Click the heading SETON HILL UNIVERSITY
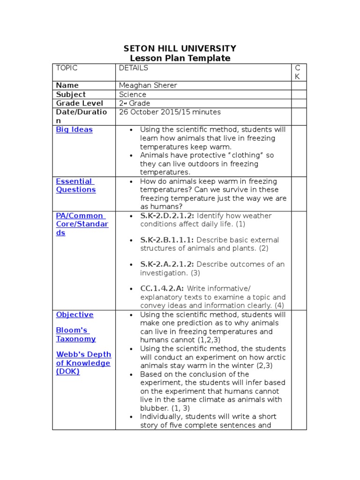click(x=180, y=48)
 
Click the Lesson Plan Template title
click(x=180, y=58)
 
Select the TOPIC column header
click(x=67, y=68)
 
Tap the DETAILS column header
click(x=133, y=68)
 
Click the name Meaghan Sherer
click(x=148, y=85)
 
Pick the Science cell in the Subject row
click(x=133, y=94)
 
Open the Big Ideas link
click(x=74, y=129)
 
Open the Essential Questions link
click(x=75, y=186)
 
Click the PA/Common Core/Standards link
click(x=82, y=224)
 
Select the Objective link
click(x=75, y=315)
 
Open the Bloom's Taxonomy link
click(x=75, y=334)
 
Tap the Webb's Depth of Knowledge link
click(x=83, y=363)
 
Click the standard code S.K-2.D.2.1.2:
click(x=167, y=216)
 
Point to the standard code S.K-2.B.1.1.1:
click(x=167, y=240)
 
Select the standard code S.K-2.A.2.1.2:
click(x=167, y=264)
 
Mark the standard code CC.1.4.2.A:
click(x=162, y=288)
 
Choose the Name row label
click(x=67, y=85)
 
